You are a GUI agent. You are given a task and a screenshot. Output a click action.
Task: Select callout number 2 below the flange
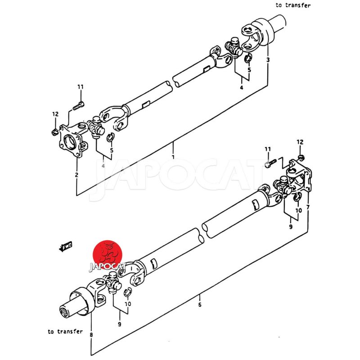[x=76, y=175]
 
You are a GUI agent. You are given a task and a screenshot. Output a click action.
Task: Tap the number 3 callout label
[x=268, y=60]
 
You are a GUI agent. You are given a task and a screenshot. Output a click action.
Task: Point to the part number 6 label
[x=199, y=305]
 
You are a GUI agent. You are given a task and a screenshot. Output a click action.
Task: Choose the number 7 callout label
[x=308, y=207]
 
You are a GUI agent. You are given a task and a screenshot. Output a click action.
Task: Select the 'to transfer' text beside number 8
[x=65, y=332]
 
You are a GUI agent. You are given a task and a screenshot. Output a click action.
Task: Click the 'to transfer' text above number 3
[x=293, y=5]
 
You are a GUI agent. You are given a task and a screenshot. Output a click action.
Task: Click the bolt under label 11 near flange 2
[x=78, y=106]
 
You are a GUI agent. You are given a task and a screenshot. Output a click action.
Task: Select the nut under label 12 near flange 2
[x=54, y=131]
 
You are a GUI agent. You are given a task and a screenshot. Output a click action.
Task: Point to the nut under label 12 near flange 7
[x=301, y=157]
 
